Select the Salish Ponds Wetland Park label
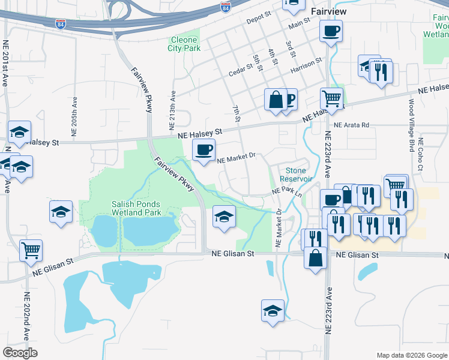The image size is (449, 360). point(136,208)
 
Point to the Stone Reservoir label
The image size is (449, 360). point(296,175)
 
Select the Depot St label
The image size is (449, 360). point(259,20)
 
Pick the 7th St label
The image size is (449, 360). point(236,114)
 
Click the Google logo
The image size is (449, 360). point(20,353)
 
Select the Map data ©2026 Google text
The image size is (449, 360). point(411,355)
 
